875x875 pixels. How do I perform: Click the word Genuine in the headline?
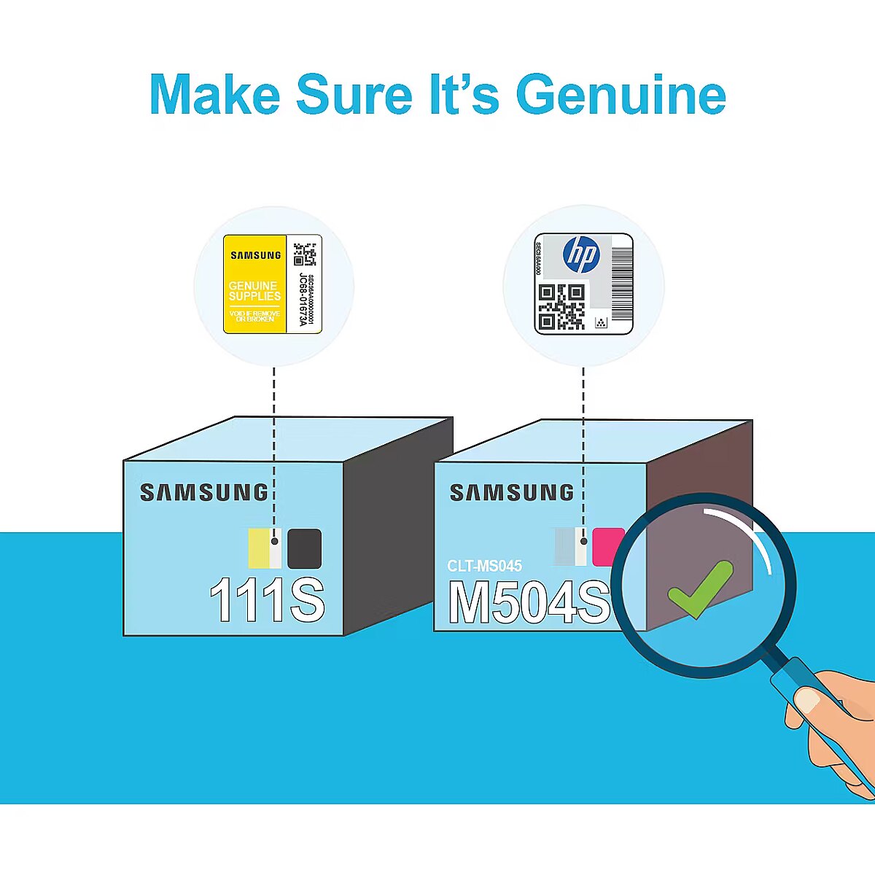pyautogui.click(x=621, y=95)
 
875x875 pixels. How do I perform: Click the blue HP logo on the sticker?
pyautogui.click(x=581, y=255)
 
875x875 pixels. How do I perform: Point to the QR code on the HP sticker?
pyautogui.click(x=561, y=306)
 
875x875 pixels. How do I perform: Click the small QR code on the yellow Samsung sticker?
pyautogui.click(x=305, y=252)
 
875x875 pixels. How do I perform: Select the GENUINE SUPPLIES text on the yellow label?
pyautogui.click(x=254, y=291)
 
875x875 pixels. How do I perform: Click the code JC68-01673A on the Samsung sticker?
pyautogui.click(x=303, y=300)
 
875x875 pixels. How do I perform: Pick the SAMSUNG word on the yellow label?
pyautogui.click(x=255, y=255)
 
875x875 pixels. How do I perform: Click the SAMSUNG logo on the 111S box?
pyautogui.click(x=204, y=493)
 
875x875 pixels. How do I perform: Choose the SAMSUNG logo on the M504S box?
pyautogui.click(x=511, y=493)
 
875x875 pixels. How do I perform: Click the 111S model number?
pyautogui.click(x=267, y=600)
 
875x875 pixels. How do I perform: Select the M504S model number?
pyautogui.click(x=528, y=602)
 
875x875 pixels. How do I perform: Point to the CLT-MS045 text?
pyautogui.click(x=484, y=566)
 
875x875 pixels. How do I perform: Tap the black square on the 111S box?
pyautogui.click(x=304, y=548)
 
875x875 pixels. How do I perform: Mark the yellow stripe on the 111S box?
pyautogui.click(x=258, y=548)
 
